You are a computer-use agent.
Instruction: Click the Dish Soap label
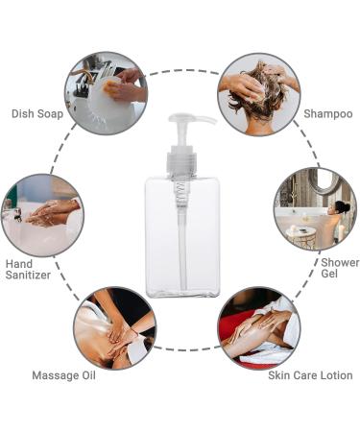pos(37,114)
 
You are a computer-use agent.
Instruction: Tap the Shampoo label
pos(328,114)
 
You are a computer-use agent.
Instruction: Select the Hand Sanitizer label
pos(28,270)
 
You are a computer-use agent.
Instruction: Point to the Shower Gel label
pos(340,268)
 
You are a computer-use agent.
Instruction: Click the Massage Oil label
pos(63,375)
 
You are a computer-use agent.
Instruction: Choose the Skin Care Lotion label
pos(310,375)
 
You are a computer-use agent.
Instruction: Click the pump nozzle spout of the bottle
pos(204,120)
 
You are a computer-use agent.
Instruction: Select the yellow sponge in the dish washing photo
pos(111,87)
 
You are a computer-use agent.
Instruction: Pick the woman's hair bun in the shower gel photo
pos(342,206)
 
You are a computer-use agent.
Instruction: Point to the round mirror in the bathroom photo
pos(323,181)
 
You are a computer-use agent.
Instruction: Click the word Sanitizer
pos(28,276)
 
